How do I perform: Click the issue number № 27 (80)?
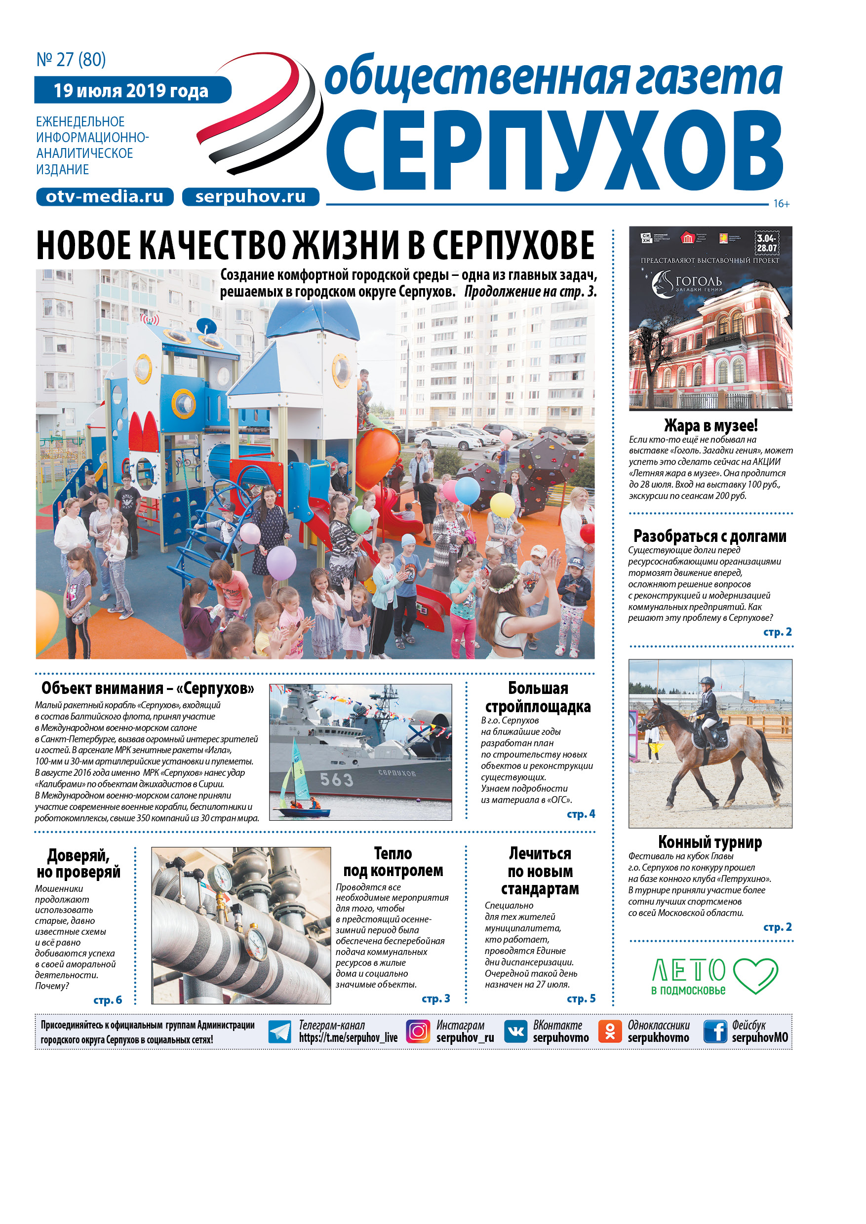click(71, 60)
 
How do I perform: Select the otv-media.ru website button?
click(105, 197)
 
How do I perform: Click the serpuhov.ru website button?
click(250, 197)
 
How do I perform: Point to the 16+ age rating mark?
click(781, 204)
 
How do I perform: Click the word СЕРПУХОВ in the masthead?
click(554, 152)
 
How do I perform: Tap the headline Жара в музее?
click(710, 425)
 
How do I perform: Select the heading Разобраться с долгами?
click(710, 536)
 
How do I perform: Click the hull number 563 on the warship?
click(337, 780)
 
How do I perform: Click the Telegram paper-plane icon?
click(279, 1032)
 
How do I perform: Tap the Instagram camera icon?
click(418, 1031)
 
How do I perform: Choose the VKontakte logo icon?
click(515, 1031)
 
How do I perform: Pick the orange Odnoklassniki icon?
click(610, 1031)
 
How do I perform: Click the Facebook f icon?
click(715, 1031)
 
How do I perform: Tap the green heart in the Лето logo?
click(755, 975)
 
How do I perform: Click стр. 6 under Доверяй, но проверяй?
click(108, 1000)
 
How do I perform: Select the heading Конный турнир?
click(710, 842)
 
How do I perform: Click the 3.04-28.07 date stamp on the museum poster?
click(767, 243)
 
